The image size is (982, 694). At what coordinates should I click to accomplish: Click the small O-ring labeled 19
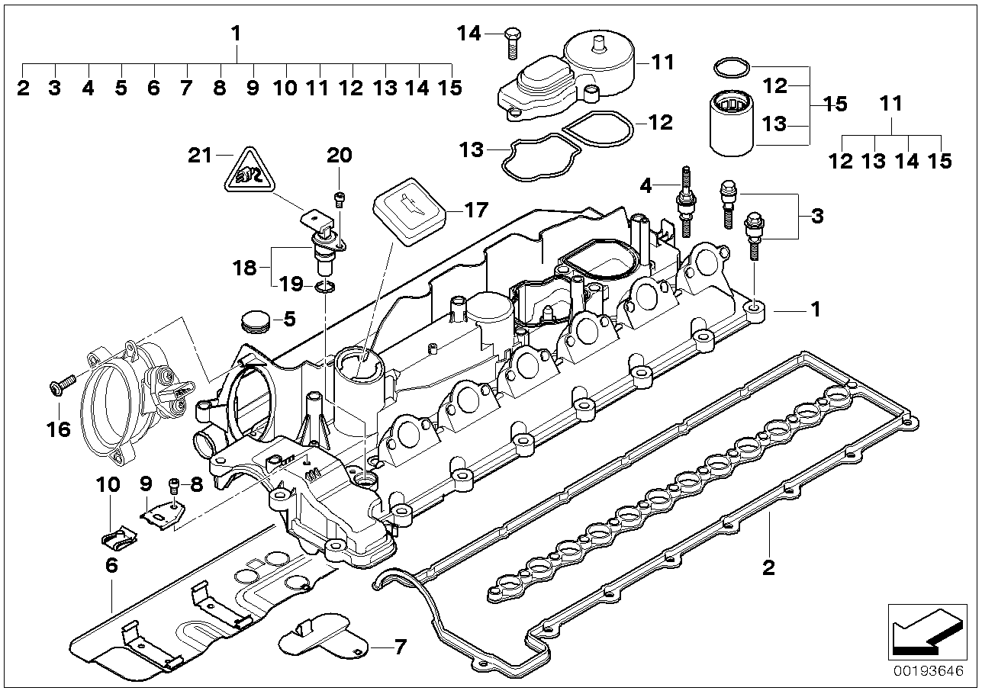324,287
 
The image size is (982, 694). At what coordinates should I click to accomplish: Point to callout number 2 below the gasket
768,567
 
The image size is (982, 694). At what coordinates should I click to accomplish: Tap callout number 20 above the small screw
340,156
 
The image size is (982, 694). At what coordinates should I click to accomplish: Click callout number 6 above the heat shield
111,565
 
